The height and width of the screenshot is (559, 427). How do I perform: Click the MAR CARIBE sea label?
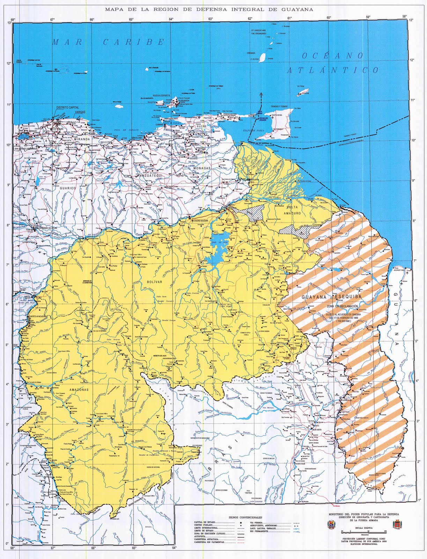coord(108,42)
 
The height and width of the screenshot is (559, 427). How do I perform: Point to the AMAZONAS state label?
coord(79,389)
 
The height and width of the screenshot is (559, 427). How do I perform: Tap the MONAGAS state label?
coord(202,168)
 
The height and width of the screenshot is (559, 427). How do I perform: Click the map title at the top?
coord(209,9)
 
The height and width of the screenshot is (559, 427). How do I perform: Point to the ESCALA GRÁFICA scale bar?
coord(362,531)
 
